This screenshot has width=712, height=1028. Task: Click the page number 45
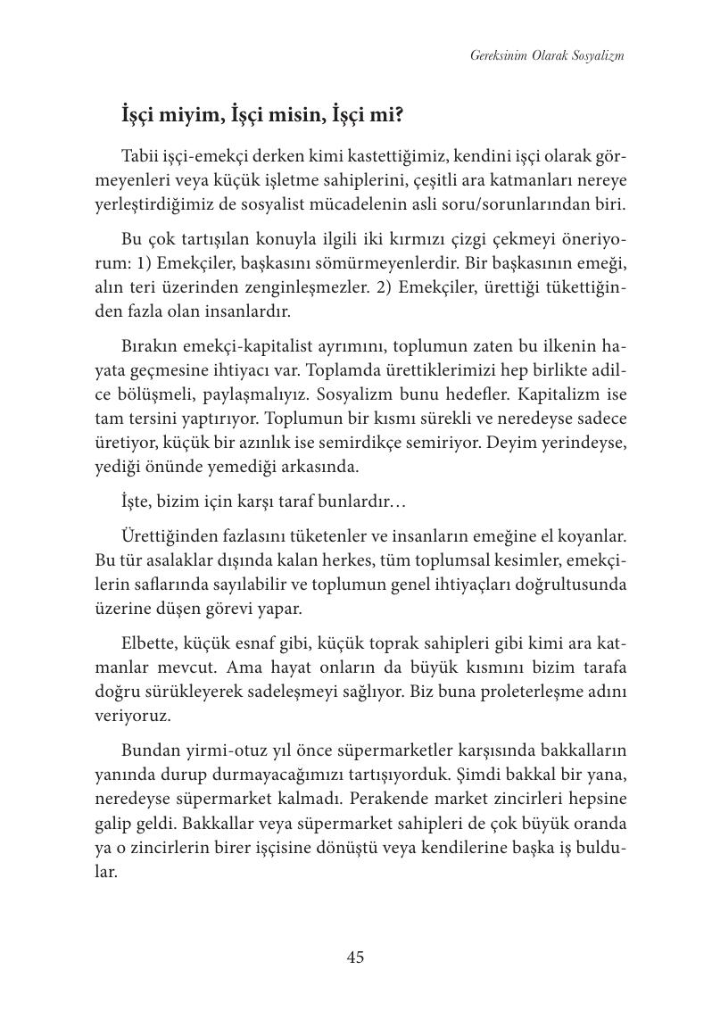coord(355,958)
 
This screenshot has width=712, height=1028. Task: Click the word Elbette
coord(152,643)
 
